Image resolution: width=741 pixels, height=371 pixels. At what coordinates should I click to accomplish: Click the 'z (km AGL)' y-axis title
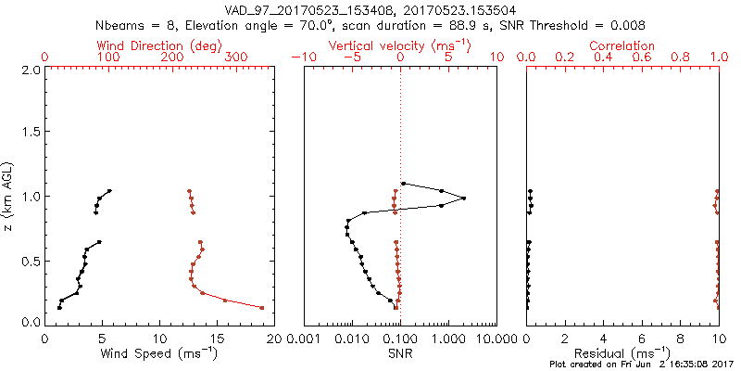point(9,196)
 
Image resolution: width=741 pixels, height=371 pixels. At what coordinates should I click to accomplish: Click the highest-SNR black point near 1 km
point(463,198)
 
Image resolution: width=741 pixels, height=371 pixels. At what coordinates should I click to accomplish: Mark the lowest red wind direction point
point(262,307)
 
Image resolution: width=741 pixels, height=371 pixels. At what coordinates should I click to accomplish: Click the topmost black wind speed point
point(109,191)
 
